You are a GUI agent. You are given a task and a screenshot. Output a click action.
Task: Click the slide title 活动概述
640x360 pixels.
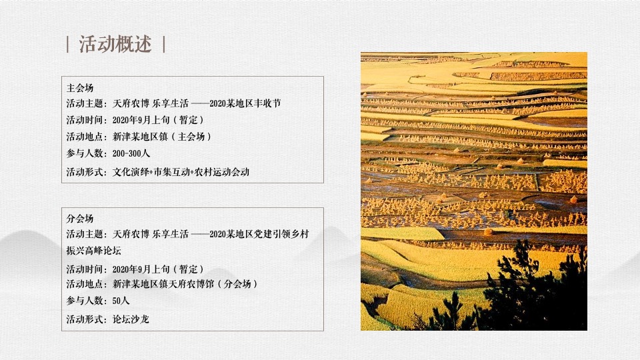click(115, 45)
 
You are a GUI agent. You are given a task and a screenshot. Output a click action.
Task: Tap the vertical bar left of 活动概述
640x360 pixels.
click(69, 45)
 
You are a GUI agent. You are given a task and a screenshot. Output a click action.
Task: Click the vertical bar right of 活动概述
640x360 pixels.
click(163, 45)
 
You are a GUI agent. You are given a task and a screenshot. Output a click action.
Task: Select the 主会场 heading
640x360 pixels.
click(79, 88)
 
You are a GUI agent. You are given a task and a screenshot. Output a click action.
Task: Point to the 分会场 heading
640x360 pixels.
click(79, 219)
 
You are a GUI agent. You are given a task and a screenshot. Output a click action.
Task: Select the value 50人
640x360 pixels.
click(121, 301)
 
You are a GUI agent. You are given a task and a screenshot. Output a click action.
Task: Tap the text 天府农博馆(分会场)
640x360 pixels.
click(217, 284)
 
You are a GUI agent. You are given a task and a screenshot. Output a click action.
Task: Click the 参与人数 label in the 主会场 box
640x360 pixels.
click(86, 153)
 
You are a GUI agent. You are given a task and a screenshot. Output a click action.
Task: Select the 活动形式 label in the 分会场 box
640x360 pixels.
click(86, 319)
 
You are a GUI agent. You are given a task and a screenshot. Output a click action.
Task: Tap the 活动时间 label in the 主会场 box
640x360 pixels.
click(86, 120)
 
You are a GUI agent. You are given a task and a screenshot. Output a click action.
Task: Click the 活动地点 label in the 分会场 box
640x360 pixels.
click(86, 284)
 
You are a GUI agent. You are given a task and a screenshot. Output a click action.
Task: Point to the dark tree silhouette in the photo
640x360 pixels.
click(527, 300)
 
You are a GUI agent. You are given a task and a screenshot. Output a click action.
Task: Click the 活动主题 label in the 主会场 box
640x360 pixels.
click(86, 103)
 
